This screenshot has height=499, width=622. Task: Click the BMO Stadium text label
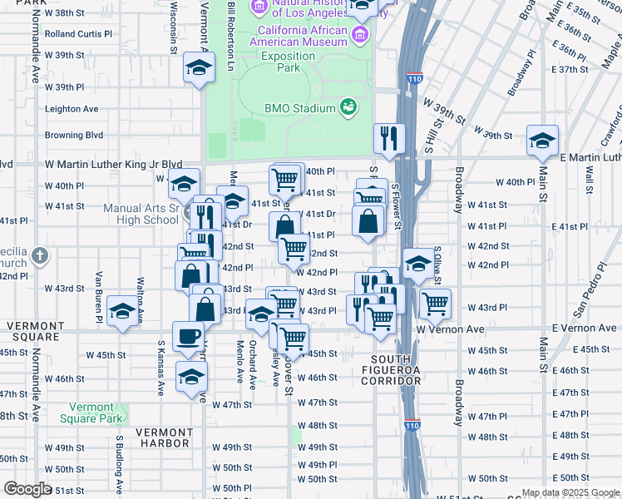pyautogui.click(x=300, y=107)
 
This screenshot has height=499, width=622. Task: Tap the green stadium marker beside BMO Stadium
pyautogui.click(x=348, y=106)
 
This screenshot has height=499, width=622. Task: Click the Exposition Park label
pyautogui.click(x=288, y=62)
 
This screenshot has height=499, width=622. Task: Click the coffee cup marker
pyautogui.click(x=188, y=336)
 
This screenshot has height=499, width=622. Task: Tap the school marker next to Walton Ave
pyautogui.click(x=122, y=312)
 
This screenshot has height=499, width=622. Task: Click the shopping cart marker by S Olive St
pyautogui.click(x=435, y=304)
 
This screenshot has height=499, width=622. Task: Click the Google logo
pyautogui.click(x=27, y=488)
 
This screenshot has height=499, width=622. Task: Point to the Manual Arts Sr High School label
pyautogui.click(x=141, y=214)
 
